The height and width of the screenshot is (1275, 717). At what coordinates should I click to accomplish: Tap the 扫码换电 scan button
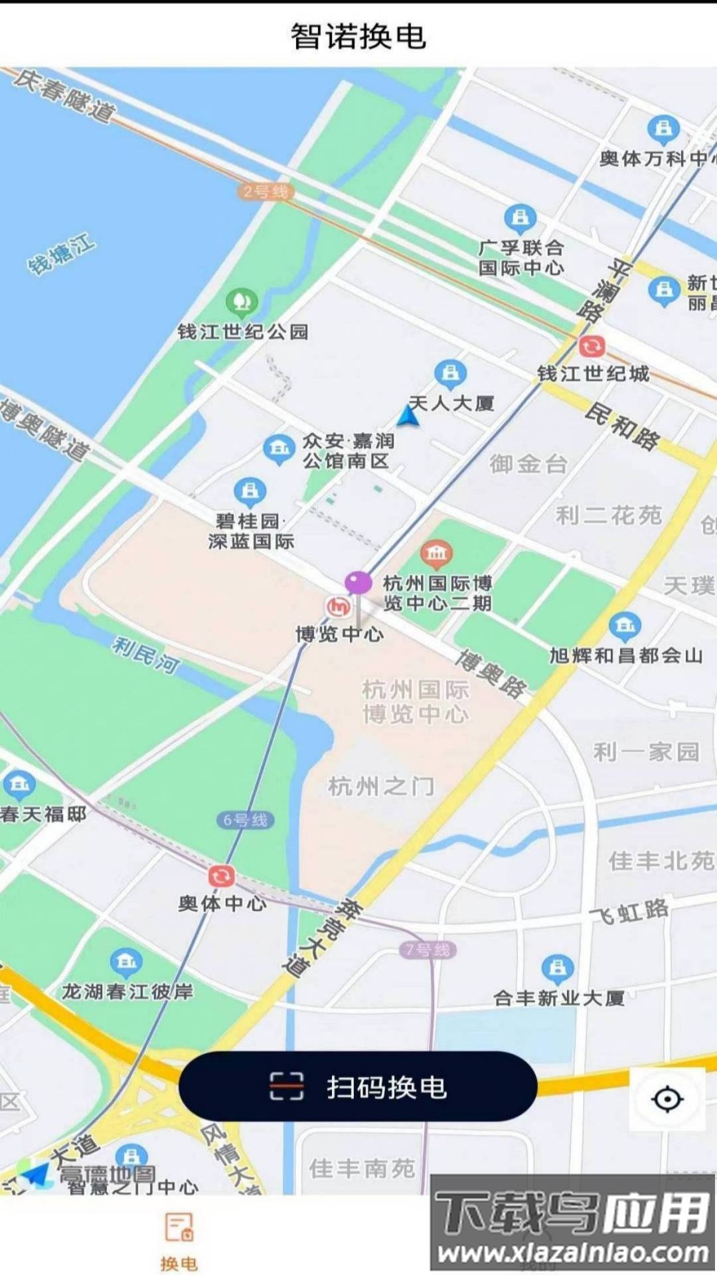coord(358,1086)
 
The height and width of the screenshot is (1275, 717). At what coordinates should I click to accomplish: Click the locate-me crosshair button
coord(667,1099)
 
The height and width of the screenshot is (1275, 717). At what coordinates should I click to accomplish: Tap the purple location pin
coord(358,583)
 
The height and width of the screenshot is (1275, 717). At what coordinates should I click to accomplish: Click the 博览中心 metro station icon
coord(339,606)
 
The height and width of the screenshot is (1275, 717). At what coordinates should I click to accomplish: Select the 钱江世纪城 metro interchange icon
coord(592,346)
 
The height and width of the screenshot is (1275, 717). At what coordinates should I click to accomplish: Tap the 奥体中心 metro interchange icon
coord(221,876)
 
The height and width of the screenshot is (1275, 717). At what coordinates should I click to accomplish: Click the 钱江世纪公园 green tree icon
coord(242,302)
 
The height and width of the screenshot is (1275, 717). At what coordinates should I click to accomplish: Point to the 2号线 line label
coord(266,192)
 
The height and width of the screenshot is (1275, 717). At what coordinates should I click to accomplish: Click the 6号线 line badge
coord(245,820)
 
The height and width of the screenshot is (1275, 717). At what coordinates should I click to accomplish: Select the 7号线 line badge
coord(428,950)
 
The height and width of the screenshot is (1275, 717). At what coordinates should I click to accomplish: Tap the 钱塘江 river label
coord(61,254)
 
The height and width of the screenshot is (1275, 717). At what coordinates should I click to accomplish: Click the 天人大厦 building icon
coord(451,373)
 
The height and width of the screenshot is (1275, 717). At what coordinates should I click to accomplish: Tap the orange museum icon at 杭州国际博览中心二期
coord(436,552)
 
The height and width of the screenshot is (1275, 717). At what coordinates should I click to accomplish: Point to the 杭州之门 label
coord(381,787)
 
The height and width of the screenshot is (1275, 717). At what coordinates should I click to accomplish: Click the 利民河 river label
coord(146,654)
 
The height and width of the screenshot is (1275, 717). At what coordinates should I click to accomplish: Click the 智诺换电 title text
coord(358,36)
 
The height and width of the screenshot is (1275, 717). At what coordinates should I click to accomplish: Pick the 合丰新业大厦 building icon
coord(558,968)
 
